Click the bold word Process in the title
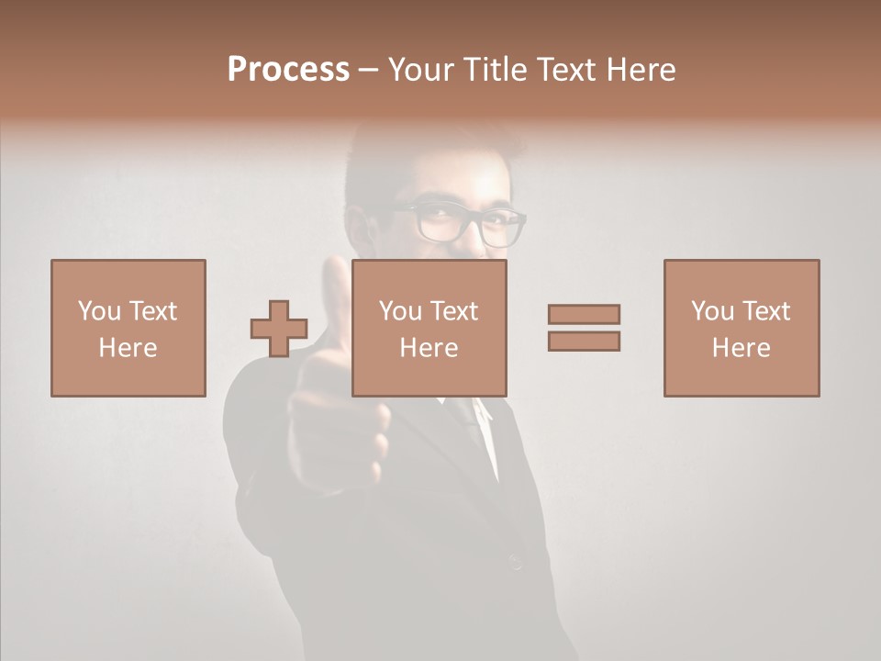coord(288,70)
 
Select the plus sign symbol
coord(279,329)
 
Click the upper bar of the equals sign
coord(584,314)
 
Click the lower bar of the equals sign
coord(584,341)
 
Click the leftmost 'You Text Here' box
coord(128,328)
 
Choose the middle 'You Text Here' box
coord(429,328)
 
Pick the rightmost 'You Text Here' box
coord(741,328)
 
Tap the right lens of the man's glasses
coord(502,228)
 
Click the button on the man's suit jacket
coord(515,562)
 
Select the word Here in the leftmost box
coord(128,348)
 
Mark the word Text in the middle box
coord(453,311)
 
